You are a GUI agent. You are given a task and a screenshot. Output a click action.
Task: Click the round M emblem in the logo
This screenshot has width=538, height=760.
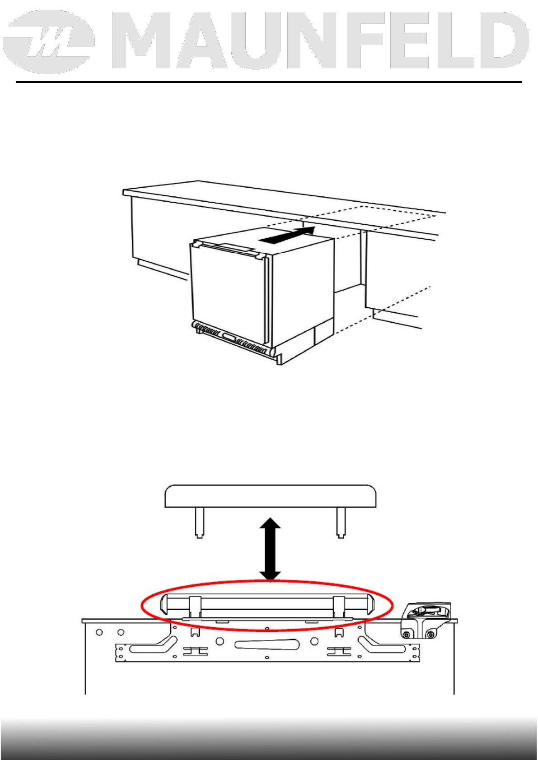tap(49, 42)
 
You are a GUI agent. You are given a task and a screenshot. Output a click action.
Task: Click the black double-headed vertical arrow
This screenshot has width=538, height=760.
tap(270, 549)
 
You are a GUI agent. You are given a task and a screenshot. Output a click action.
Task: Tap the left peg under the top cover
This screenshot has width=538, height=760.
tap(199, 523)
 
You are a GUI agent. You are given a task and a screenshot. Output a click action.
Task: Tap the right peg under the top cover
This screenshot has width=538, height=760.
tap(341, 523)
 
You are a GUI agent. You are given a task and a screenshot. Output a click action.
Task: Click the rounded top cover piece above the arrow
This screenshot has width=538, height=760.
tap(271, 496)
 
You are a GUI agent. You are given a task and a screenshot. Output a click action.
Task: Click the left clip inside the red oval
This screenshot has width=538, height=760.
tap(195, 607)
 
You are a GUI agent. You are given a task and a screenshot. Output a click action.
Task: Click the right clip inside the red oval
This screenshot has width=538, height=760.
tap(339, 607)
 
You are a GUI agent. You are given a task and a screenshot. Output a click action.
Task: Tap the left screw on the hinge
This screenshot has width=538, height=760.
tap(406, 635)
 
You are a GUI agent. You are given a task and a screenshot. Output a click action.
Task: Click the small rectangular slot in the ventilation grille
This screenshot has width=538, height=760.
tap(229, 337)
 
